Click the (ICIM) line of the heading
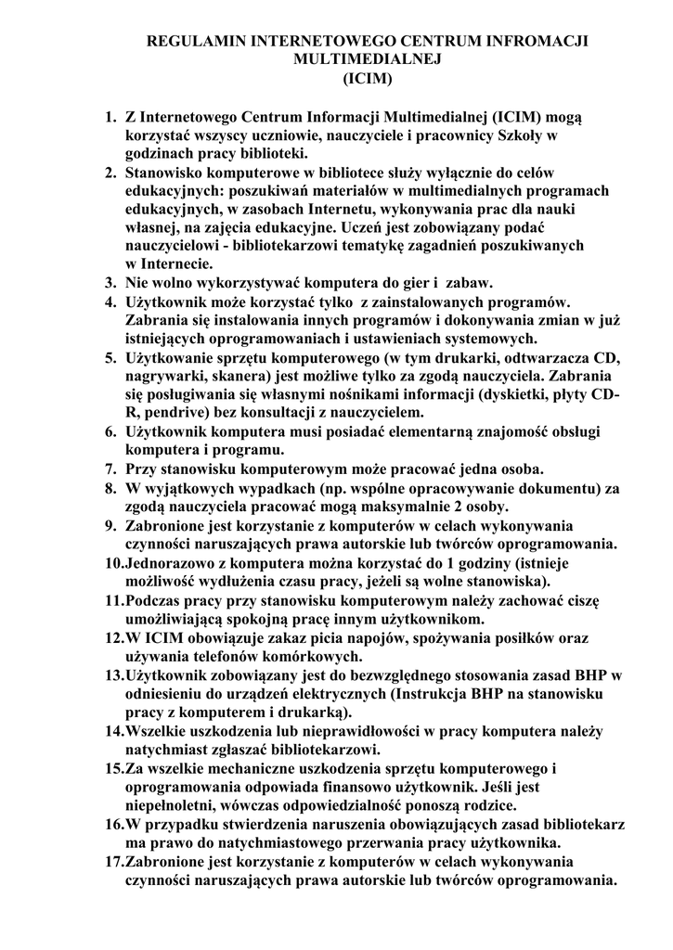tap(369, 79)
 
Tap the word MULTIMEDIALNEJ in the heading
tap(369, 60)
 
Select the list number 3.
tap(110, 282)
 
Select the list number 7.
tap(110, 468)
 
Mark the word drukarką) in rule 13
tap(314, 712)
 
